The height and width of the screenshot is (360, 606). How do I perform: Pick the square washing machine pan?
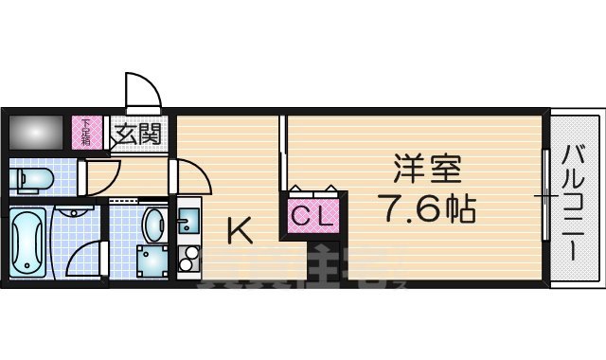(x=151, y=261)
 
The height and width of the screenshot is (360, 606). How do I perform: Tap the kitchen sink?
(x=187, y=224)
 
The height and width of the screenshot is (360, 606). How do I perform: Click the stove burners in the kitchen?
(x=186, y=258)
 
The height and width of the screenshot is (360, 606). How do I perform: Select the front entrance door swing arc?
(x=142, y=93)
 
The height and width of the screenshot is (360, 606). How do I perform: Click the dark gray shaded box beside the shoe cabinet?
(x=38, y=131)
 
